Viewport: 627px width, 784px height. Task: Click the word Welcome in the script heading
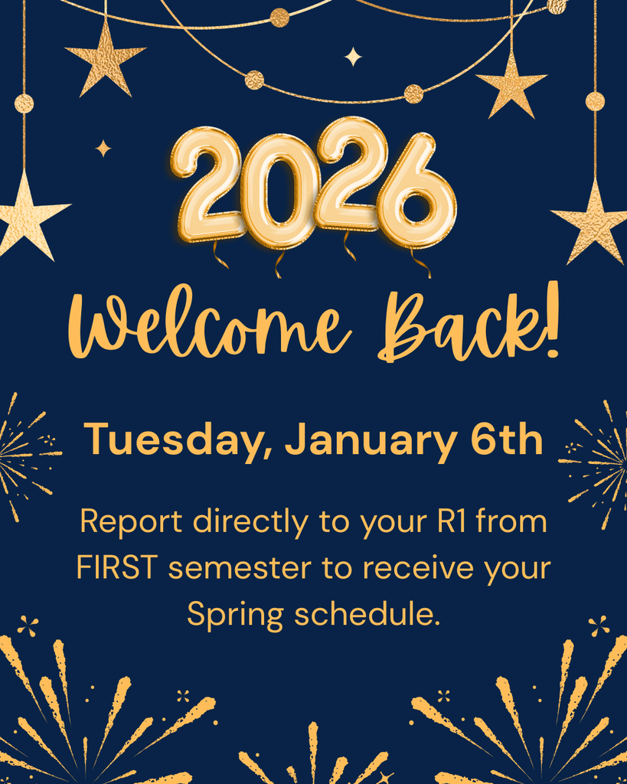(x=210, y=328)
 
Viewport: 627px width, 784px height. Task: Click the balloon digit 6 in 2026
(x=418, y=191)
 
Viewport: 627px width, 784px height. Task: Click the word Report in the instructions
(x=131, y=522)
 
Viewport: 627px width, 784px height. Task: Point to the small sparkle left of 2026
(x=103, y=148)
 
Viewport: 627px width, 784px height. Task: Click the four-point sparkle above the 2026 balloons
(x=353, y=57)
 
